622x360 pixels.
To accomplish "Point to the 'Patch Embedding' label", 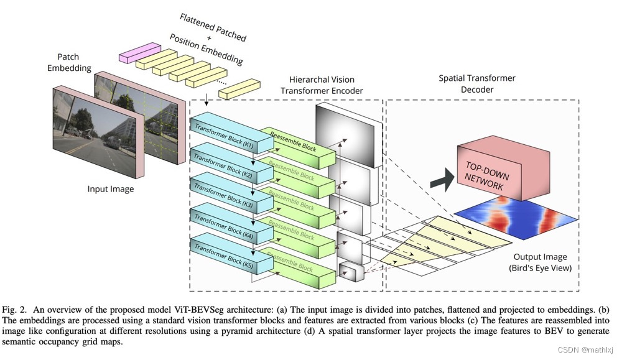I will point(68,62).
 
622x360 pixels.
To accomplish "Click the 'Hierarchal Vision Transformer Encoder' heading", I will point(322,85).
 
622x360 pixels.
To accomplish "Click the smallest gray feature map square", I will point(349,271).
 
